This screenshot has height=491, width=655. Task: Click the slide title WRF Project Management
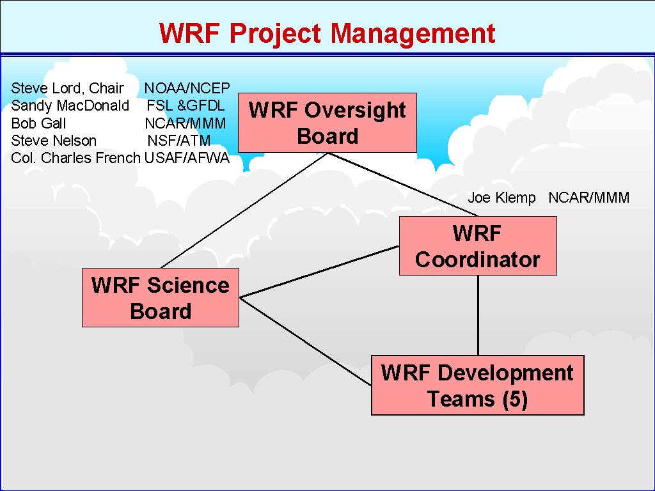point(327,33)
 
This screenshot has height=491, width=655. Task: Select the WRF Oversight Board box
point(327,123)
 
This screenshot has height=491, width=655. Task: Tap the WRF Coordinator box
point(478,246)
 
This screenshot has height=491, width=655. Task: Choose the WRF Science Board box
point(161,298)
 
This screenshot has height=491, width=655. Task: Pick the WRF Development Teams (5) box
point(478,386)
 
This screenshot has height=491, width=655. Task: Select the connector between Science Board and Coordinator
point(319,272)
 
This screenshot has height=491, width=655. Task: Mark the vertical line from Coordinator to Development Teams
point(478,315)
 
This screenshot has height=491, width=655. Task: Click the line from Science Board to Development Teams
point(305,341)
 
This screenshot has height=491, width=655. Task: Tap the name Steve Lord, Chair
point(67,88)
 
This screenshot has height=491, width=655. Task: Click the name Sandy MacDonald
point(70,105)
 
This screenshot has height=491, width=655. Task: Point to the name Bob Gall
point(38,123)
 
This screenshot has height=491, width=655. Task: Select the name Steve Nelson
point(54,141)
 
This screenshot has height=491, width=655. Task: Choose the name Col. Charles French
point(75,158)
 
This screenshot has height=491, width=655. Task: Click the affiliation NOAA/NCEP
point(187,88)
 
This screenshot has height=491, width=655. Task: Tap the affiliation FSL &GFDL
point(185,105)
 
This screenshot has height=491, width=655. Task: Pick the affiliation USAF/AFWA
point(187,158)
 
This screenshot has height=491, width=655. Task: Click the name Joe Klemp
point(501,198)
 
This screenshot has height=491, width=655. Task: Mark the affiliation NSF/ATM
point(179,141)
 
